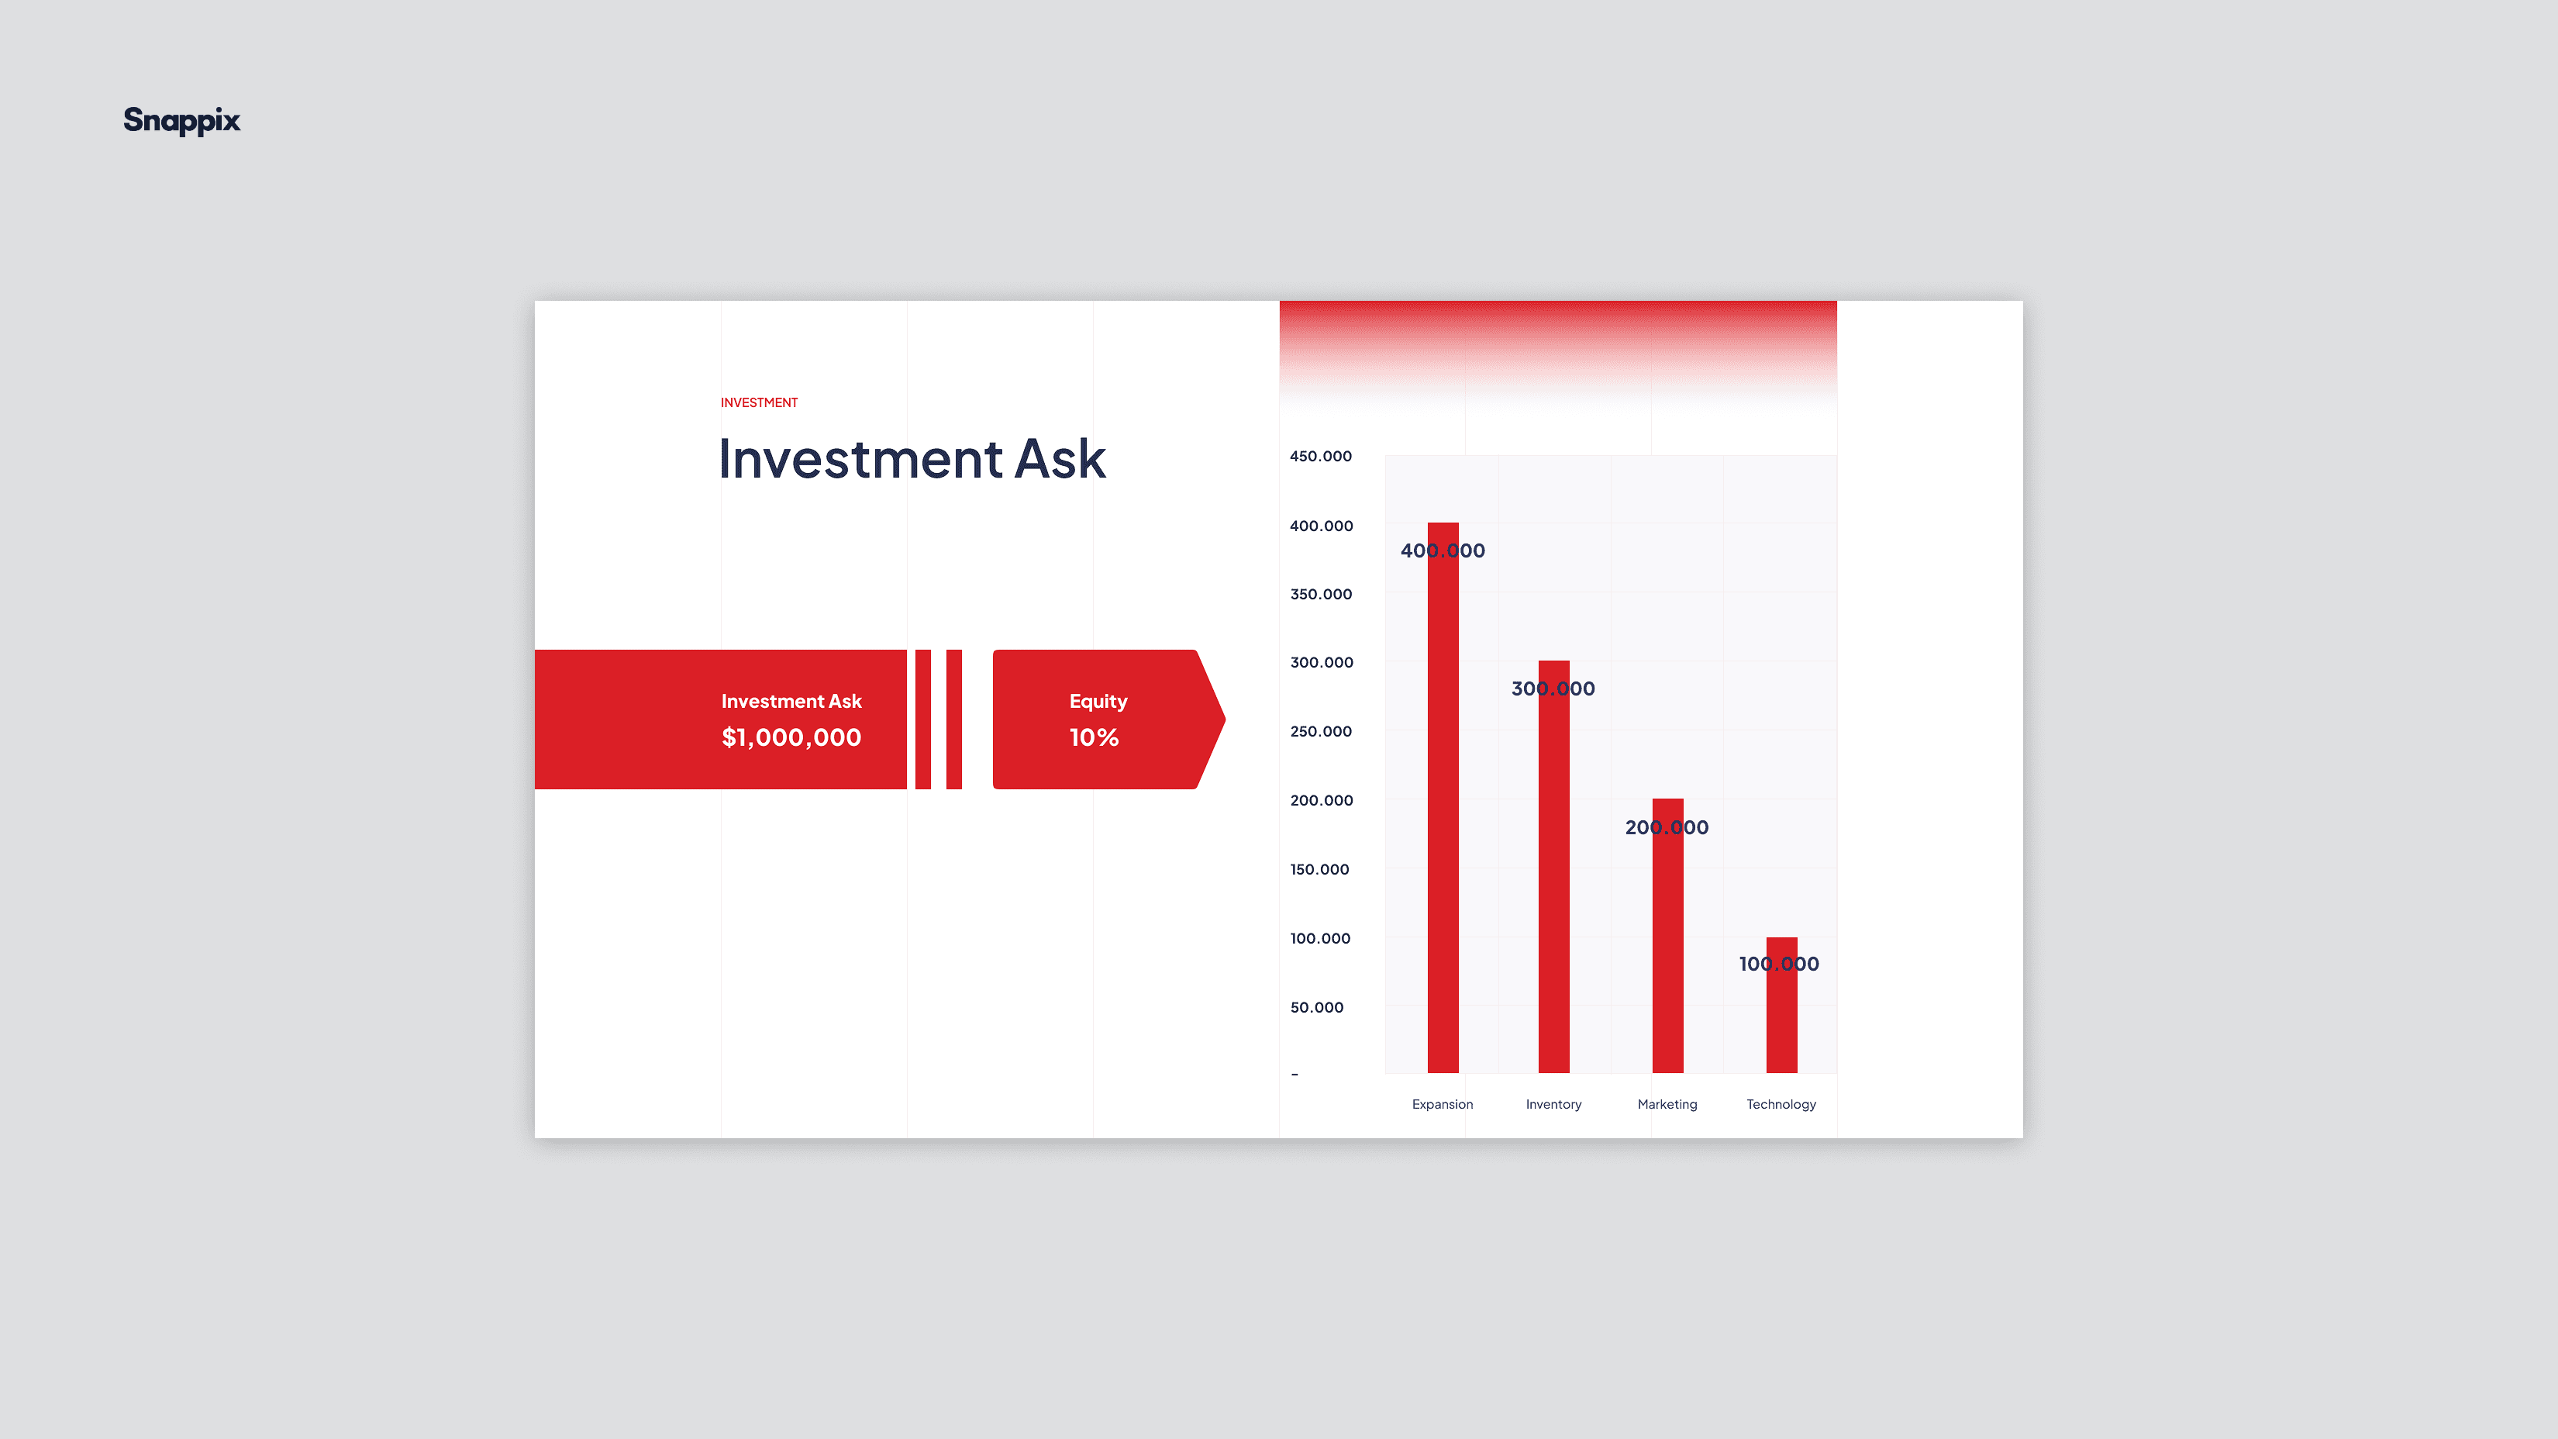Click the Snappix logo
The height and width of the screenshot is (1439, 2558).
click(x=181, y=121)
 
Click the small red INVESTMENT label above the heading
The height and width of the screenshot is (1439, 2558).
click(x=759, y=402)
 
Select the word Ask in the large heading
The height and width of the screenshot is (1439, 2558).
click(x=1060, y=459)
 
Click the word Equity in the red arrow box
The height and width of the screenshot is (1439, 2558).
click(x=1098, y=701)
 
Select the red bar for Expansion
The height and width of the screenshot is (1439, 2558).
click(x=1443, y=798)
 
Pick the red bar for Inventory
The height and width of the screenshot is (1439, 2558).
click(x=1554, y=866)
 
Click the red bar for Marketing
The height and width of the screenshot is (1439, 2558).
click(x=1667, y=936)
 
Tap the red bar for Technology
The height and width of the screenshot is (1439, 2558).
click(x=1781, y=1005)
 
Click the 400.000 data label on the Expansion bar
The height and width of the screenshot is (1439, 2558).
click(x=1443, y=550)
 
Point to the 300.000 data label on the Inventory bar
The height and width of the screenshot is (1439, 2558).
click(x=1553, y=688)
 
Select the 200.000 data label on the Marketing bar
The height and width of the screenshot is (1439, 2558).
click(x=1667, y=827)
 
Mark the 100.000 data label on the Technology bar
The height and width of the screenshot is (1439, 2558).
click(x=1778, y=963)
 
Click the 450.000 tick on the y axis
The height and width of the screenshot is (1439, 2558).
click(x=1321, y=456)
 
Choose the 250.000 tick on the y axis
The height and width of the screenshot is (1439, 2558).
click(x=1321, y=731)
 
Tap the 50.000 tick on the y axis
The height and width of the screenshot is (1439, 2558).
click(x=1317, y=1007)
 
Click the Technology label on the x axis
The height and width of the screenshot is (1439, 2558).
click(x=1781, y=1104)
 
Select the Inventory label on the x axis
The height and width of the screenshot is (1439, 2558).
click(x=1554, y=1104)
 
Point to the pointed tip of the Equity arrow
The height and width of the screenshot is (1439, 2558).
click(x=1225, y=719)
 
